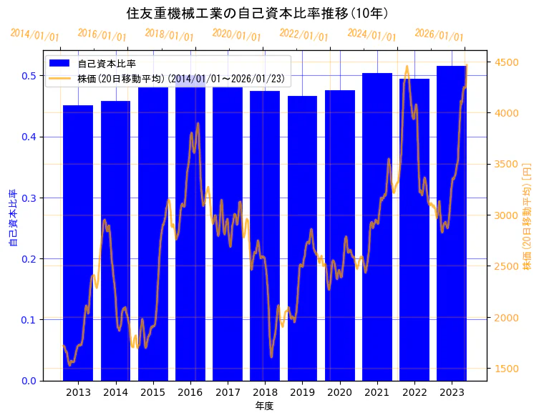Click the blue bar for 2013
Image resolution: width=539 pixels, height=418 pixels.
click(78, 243)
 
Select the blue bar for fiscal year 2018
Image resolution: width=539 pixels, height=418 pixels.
click(265, 236)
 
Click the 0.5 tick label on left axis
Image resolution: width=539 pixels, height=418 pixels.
click(29, 76)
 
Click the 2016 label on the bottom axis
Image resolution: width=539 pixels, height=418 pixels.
click(190, 392)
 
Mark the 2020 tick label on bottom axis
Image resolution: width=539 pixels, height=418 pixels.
click(339, 392)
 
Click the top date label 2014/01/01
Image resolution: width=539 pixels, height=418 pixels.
click(35, 34)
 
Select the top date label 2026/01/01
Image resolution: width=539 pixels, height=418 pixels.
click(439, 35)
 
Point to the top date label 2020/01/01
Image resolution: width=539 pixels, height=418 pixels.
click(237, 34)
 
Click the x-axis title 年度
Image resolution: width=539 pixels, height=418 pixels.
click(264, 406)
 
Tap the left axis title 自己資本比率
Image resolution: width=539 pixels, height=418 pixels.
click(12, 218)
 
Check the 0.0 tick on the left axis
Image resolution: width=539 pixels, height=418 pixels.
click(29, 381)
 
